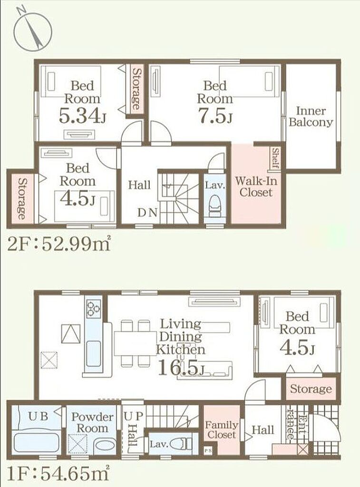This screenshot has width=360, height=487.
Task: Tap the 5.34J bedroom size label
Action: click(82, 116)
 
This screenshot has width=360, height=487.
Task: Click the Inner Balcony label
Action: click(311, 117)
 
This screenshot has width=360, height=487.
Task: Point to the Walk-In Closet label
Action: click(256, 186)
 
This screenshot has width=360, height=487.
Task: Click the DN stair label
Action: click(147, 213)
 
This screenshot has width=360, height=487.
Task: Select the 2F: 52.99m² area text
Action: click(59, 244)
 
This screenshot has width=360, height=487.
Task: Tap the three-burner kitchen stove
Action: click(94, 309)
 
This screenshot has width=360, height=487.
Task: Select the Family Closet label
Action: click(222, 429)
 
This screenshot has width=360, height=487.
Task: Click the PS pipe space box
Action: click(207, 449)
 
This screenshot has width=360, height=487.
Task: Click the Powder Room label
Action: click(92, 422)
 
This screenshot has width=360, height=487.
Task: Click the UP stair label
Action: click(134, 416)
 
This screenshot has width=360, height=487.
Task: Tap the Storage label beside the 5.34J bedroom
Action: click(136, 88)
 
